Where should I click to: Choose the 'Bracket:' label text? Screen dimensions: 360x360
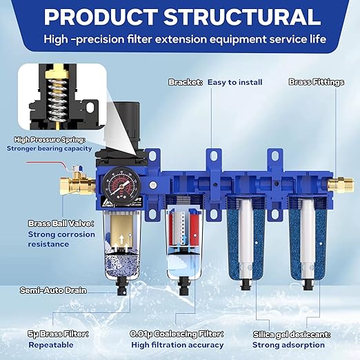pyautogui.click(x=186, y=82)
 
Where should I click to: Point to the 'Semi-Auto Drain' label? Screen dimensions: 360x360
pyautogui.click(x=57, y=290)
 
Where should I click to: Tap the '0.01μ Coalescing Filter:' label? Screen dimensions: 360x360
pyautogui.click(x=177, y=334)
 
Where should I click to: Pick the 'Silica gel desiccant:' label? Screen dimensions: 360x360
pyautogui.click(x=292, y=334)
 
